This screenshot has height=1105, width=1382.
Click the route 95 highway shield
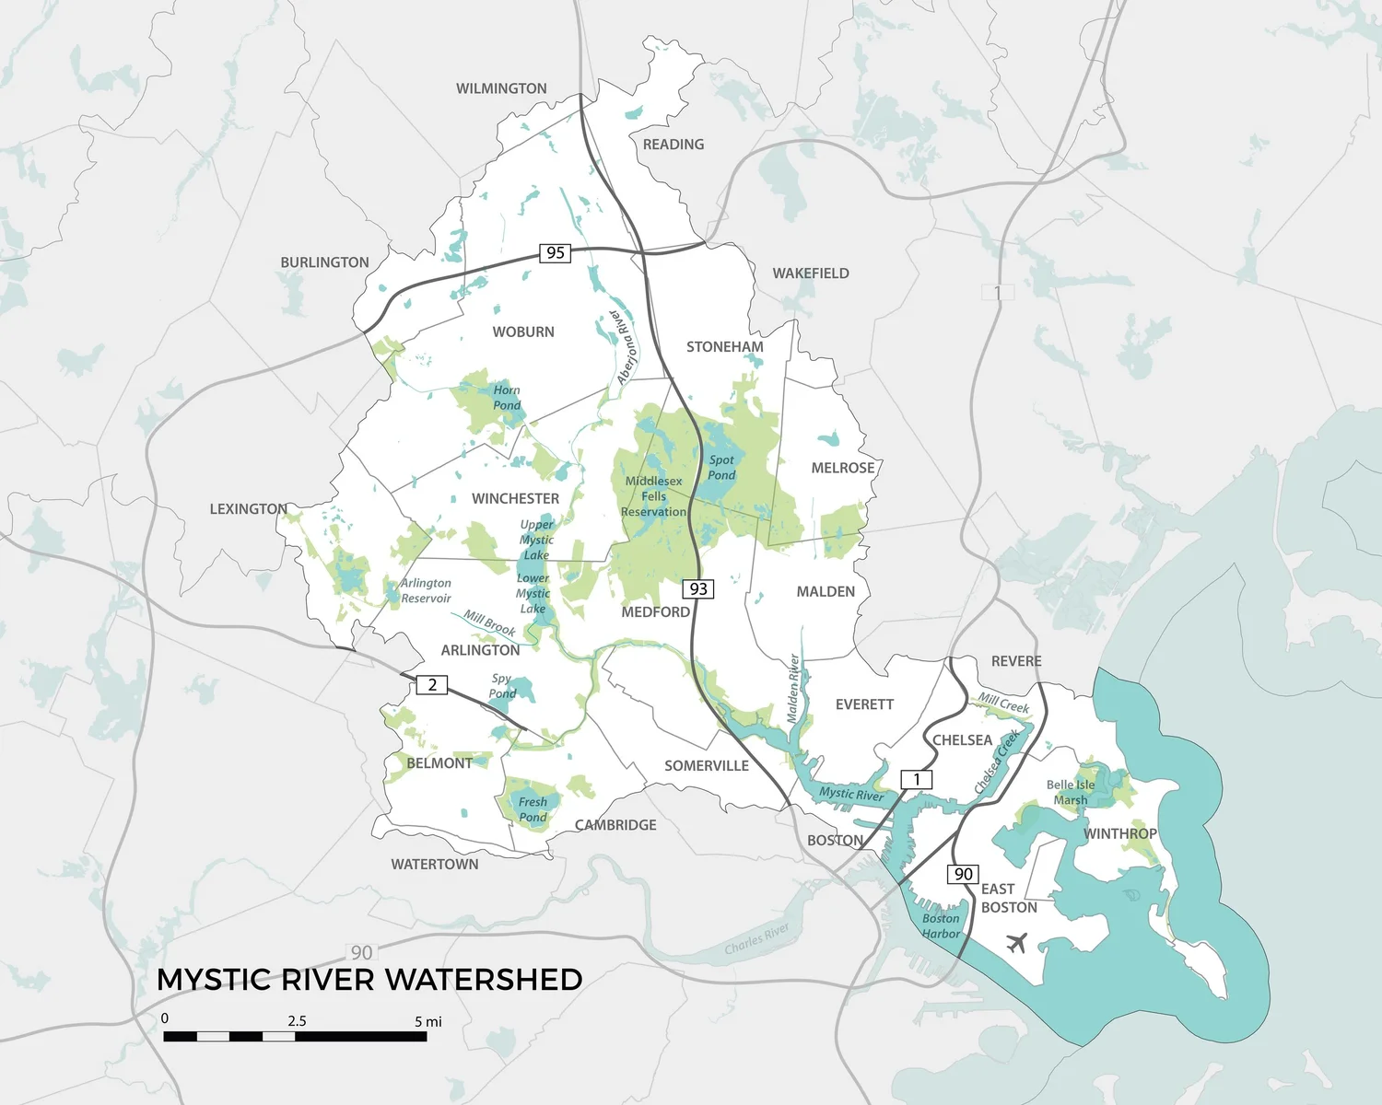coord(555,252)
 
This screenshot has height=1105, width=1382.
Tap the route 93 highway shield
coord(698,588)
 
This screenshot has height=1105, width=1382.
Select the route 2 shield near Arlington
coord(432,684)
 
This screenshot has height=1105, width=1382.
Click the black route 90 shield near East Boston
coord(963,874)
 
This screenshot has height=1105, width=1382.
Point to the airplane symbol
coord(1017,943)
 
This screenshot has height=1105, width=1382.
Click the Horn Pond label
coord(507,398)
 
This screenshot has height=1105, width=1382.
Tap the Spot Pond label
coord(721,467)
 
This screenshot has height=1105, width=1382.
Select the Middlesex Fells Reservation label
coord(653,496)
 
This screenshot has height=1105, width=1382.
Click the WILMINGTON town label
coord(501,88)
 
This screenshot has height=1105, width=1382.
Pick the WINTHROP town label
coord(1119,833)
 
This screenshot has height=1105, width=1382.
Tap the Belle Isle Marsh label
coord(1071,793)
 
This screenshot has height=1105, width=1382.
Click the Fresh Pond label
coord(533,809)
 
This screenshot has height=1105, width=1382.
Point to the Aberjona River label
coord(626,347)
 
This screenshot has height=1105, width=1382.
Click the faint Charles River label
coord(756,938)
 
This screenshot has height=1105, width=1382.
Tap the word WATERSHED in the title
coord(476,980)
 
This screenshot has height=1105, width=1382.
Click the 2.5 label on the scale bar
coord(297,1020)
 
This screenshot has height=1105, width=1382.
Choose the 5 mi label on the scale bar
coord(428,1021)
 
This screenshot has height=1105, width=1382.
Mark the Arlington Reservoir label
coord(426,590)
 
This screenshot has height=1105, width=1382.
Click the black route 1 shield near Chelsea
coord(916,779)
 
